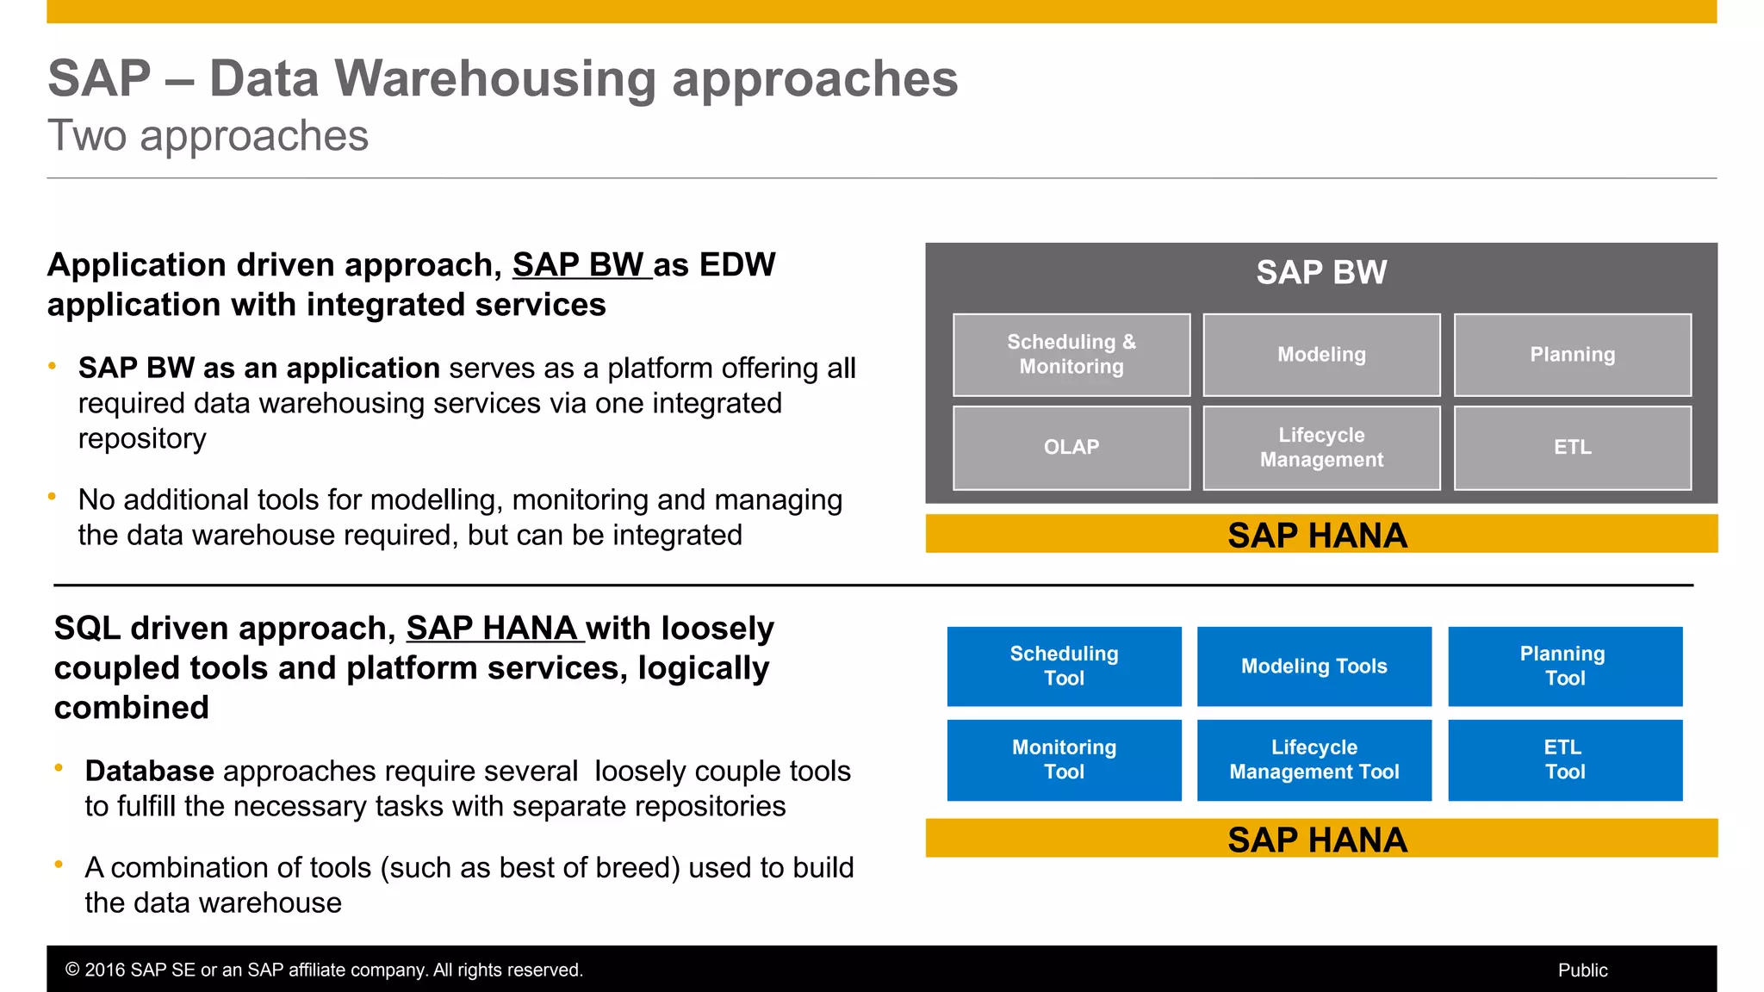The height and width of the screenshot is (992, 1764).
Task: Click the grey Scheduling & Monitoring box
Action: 1071,355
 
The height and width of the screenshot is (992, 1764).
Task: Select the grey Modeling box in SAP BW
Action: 1321,355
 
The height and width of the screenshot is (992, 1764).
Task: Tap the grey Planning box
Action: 1572,355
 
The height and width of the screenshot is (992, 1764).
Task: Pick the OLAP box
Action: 1071,448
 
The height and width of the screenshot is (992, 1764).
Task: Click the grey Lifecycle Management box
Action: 1321,448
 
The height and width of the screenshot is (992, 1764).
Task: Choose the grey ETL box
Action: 1572,448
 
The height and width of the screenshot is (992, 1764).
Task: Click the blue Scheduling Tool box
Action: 1064,666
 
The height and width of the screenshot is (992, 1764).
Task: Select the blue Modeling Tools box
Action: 1314,666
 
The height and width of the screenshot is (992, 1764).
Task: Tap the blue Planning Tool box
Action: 1564,666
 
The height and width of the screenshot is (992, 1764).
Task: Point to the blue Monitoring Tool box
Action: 1064,760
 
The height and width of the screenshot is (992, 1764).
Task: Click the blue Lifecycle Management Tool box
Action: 1314,760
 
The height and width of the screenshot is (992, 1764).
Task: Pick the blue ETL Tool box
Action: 1564,760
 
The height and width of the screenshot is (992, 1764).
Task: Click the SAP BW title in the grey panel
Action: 1320,273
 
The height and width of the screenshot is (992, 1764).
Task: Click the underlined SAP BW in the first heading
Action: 580,265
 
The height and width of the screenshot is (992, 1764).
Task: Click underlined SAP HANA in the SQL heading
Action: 493,629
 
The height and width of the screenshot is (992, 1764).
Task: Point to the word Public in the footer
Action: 1582,970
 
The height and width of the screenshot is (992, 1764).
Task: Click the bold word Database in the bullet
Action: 149,772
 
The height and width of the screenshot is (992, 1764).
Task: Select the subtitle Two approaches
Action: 208,136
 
